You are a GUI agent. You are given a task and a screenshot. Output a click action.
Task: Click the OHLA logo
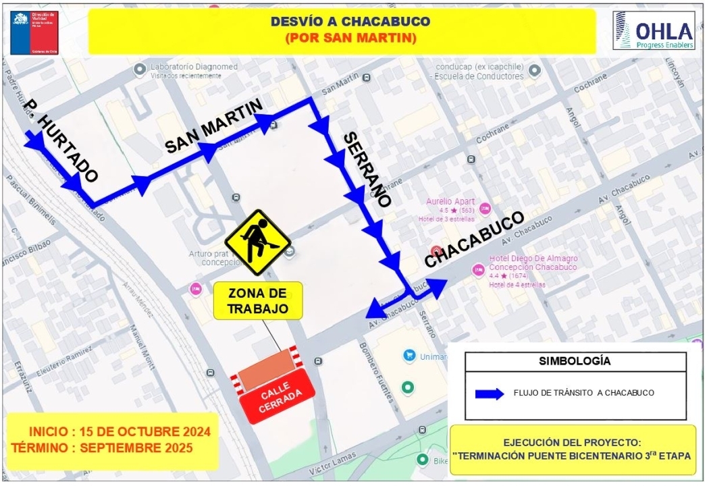coord(653,31)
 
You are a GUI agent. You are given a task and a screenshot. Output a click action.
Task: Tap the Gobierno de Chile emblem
coord(34,32)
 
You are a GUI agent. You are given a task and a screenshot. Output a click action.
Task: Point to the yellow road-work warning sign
coord(257,242)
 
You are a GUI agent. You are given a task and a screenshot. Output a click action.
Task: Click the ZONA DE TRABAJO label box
coord(258,301)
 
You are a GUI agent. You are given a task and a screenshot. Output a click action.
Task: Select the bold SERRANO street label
coord(367,169)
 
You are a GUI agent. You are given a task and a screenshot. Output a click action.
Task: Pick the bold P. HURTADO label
coord(61,142)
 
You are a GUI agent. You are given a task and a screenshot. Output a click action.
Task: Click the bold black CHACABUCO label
coord(475,240)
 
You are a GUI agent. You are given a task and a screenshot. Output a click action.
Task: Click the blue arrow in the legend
coord(490,394)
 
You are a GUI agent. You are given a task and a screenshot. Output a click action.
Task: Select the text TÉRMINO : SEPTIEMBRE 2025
coord(102,448)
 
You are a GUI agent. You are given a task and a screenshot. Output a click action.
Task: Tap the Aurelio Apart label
coord(450,202)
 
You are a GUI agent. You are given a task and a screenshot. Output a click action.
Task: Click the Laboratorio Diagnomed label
coord(194,67)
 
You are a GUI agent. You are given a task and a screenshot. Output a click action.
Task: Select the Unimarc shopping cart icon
coord(409,355)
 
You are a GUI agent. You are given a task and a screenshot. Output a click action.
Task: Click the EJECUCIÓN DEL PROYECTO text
coord(572,443)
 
